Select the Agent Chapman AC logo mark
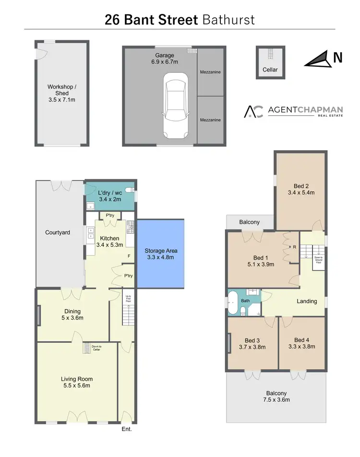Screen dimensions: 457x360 [x=253, y=111]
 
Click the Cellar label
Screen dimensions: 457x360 [x=270, y=70]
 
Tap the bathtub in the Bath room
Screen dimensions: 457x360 [x=234, y=302]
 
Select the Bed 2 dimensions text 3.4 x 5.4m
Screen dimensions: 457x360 [x=300, y=193]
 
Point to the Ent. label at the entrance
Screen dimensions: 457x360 [x=127, y=429]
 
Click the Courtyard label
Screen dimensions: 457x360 [x=58, y=232]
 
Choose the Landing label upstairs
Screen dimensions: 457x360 [x=307, y=301]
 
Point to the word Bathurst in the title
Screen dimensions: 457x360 [x=228, y=20]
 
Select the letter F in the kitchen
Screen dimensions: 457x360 [x=128, y=256]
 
